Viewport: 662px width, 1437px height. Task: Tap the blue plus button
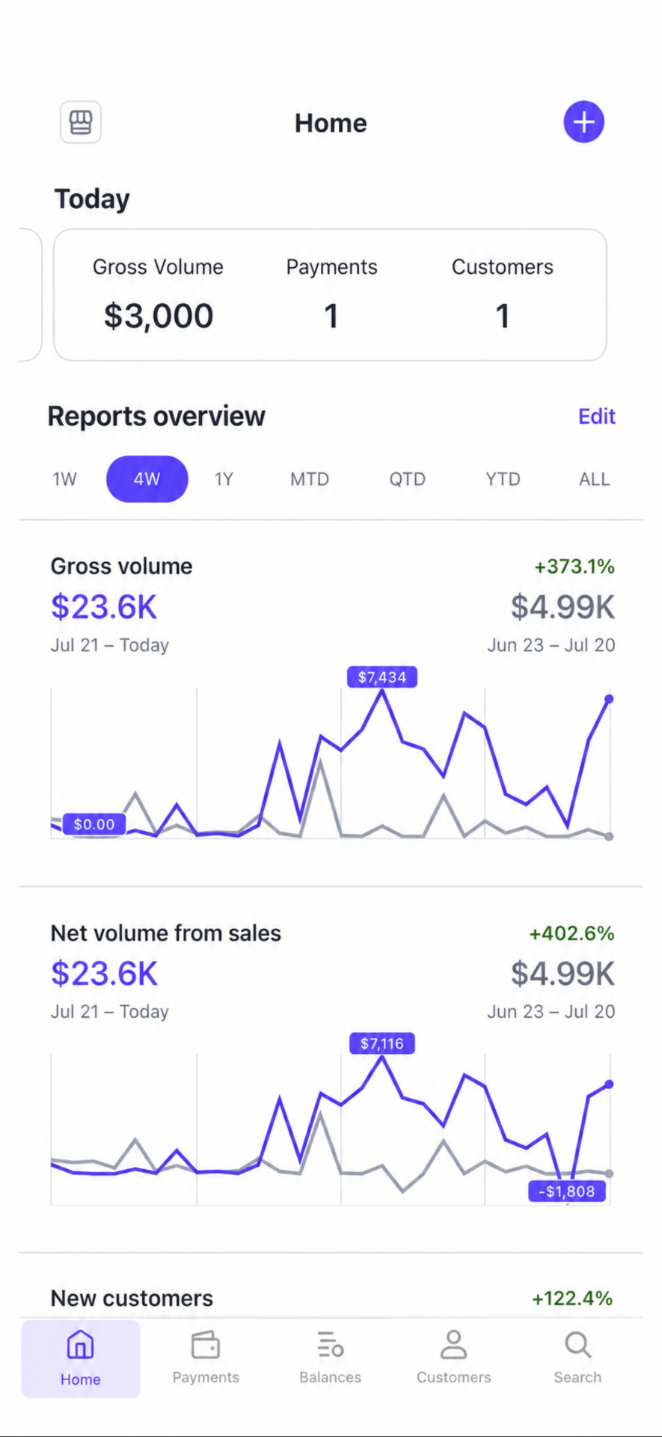583,122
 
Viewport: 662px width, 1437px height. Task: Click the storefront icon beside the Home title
81,122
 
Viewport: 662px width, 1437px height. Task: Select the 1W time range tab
64,479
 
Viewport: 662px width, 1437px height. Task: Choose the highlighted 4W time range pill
147,479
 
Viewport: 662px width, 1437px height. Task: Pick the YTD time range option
503,479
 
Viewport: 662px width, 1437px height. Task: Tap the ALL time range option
595,479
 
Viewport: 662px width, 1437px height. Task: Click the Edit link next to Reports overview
597,416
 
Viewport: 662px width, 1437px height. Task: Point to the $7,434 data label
382,677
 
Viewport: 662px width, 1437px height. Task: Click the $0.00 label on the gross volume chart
94,824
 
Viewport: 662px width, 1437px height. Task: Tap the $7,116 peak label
382,1043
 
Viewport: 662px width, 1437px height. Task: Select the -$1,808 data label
567,1191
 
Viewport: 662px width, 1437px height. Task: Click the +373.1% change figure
574,567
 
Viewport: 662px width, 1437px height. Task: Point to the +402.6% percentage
572,933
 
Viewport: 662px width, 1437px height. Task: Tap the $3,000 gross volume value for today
159,316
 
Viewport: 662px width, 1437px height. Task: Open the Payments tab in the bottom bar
206,1357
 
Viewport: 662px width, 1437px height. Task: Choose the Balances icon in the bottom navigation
330,1346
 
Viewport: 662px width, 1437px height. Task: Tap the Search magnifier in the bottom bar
577,1345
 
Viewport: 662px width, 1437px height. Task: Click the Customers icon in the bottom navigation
453,1345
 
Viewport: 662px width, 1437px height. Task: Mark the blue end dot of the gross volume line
609,699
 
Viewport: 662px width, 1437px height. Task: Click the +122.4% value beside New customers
572,1299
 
